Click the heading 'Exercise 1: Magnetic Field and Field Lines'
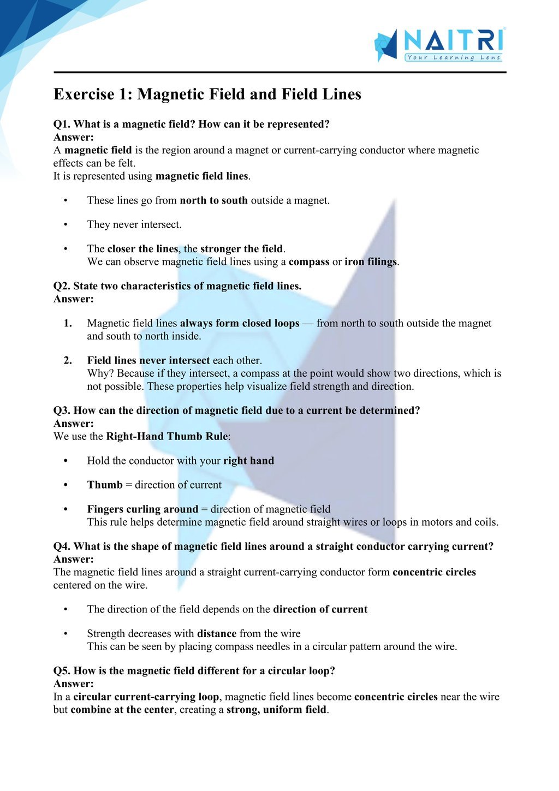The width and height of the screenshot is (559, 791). pyautogui.click(x=207, y=94)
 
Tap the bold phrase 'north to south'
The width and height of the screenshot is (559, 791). pyautogui.click(x=213, y=200)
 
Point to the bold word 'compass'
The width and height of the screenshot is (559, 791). pyautogui.click(x=309, y=261)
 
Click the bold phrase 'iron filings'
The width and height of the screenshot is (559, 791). pyautogui.click(x=371, y=261)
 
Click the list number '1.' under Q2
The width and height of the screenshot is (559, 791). pyautogui.click(x=68, y=323)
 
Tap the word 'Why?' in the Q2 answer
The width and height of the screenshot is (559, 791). pyautogui.click(x=100, y=373)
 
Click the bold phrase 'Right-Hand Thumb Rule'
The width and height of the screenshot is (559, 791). pyautogui.click(x=168, y=436)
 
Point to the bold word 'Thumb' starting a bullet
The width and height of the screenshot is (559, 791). pyautogui.click(x=105, y=485)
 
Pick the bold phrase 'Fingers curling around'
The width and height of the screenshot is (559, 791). pyautogui.click(x=142, y=509)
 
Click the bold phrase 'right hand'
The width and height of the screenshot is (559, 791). pyautogui.click(x=248, y=461)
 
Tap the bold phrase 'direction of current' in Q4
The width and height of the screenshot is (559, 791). pyautogui.click(x=320, y=609)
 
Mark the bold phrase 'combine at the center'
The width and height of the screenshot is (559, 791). pyautogui.click(x=122, y=710)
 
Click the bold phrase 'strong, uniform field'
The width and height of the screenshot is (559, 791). pyautogui.click(x=276, y=710)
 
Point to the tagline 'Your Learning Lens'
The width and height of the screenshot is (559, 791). pyautogui.click(x=453, y=57)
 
